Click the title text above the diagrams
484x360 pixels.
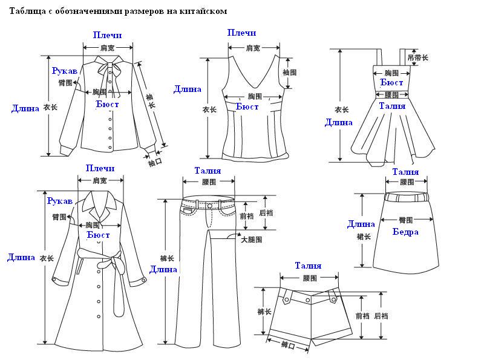click(x=119, y=10)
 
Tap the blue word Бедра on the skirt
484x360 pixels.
click(x=405, y=232)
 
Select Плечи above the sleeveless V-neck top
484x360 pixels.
click(x=242, y=33)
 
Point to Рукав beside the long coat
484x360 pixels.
click(x=60, y=200)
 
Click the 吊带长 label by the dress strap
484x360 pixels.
click(x=418, y=57)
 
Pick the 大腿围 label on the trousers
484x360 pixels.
click(x=251, y=240)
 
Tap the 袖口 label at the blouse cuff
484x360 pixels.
click(x=155, y=162)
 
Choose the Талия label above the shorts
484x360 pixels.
click(x=308, y=266)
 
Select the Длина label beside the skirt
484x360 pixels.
click(x=361, y=224)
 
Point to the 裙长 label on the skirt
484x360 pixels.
click(x=364, y=237)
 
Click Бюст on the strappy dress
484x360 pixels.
click(x=392, y=82)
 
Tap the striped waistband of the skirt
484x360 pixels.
click(x=406, y=197)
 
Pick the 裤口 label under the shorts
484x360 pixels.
click(x=288, y=345)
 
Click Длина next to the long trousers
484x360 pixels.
click(x=163, y=269)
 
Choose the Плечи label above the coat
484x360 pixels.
click(x=100, y=168)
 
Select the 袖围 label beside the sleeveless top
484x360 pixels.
click(x=289, y=72)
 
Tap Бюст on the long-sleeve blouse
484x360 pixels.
click(x=108, y=104)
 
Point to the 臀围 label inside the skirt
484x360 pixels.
click(x=405, y=220)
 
